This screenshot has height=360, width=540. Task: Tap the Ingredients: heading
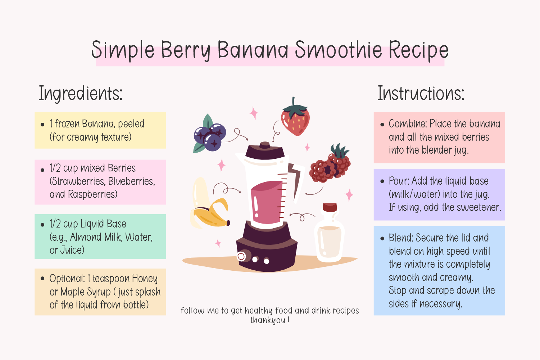[81, 94]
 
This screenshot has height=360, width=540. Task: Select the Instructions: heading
[421, 93]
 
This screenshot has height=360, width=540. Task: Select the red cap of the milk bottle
[330, 207]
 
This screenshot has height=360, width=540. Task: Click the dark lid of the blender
[265, 150]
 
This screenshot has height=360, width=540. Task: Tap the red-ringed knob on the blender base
[241, 256]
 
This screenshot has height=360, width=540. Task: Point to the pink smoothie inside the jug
[267, 202]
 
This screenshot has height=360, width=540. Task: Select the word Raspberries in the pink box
[92, 194]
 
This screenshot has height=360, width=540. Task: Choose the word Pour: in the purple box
[399, 181]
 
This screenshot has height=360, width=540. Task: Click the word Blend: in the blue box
[401, 238]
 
